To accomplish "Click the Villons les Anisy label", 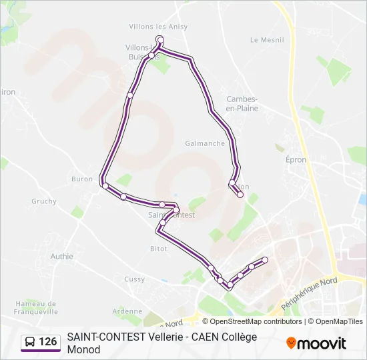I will pyautogui.click(x=158, y=27).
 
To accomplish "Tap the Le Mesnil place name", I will pyautogui.click(x=267, y=40).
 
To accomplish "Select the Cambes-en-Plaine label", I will pyautogui.click(x=242, y=103).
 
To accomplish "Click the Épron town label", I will pyautogui.click(x=296, y=160).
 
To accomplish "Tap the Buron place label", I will pyautogui.click(x=82, y=179).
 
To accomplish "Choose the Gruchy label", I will pyautogui.click(x=44, y=201).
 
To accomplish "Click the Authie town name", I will pyautogui.click(x=61, y=255).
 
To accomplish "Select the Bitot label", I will pyautogui.click(x=159, y=248).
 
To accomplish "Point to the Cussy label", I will pyautogui.click(x=134, y=279).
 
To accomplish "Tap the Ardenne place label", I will pyautogui.click(x=127, y=311).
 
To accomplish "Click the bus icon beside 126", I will pyautogui.click(x=30, y=342).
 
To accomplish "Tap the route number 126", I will pyautogui.click(x=48, y=342).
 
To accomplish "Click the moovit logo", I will pyautogui.click(x=316, y=343).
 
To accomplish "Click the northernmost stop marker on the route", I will pyautogui.click(x=159, y=39).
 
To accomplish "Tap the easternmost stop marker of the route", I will pyautogui.click(x=265, y=259).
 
